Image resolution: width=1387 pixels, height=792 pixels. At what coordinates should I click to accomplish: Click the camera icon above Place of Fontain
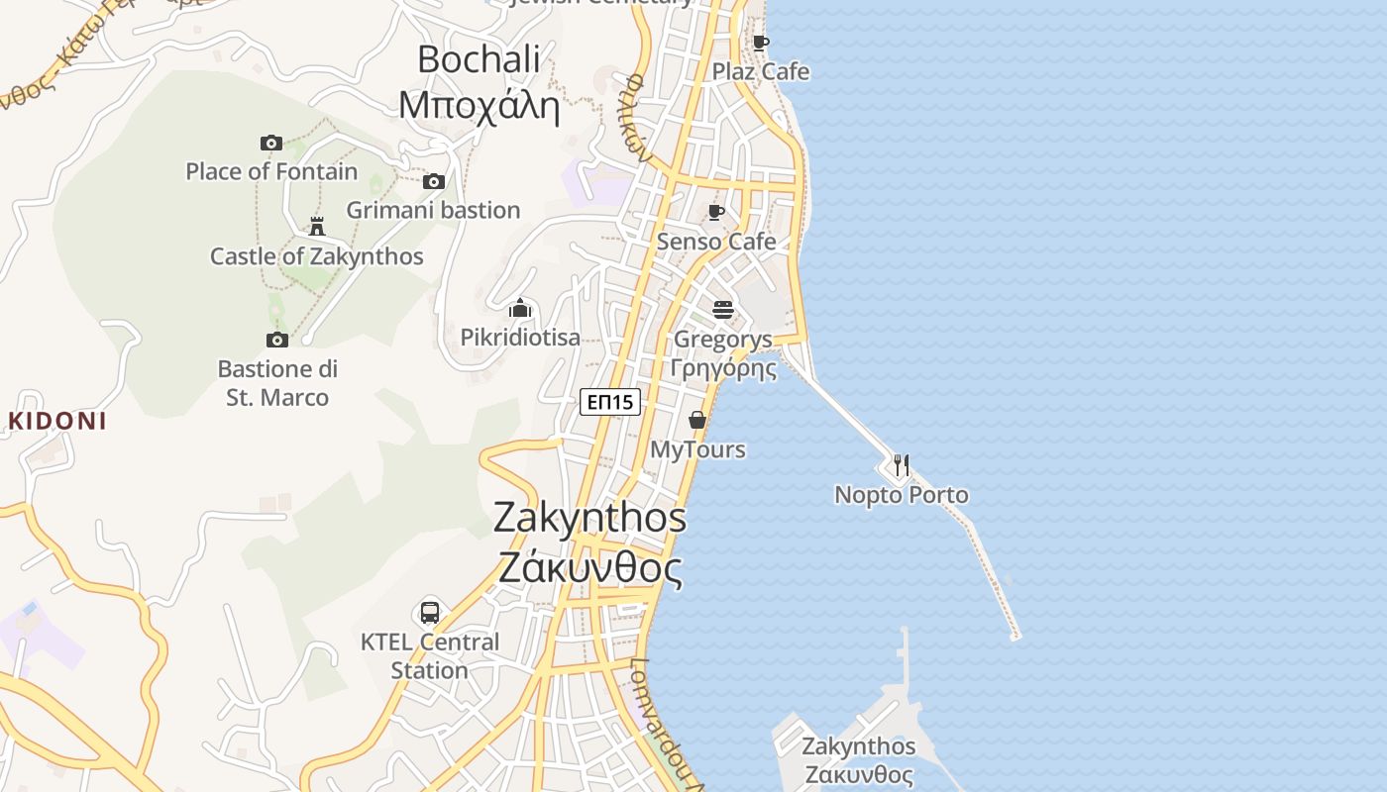pos(270,143)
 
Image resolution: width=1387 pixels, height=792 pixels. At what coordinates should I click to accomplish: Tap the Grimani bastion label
pos(433,210)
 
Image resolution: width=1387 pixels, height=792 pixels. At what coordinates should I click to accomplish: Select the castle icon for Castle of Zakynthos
pos(317,227)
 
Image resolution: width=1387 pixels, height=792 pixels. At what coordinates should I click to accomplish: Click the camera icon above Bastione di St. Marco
pos(277,340)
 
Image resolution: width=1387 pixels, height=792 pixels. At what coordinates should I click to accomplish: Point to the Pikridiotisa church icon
pos(520,308)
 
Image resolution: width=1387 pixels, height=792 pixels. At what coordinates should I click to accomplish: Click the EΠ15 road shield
pos(610,401)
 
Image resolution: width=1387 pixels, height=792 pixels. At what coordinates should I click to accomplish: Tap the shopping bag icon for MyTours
pos(697,420)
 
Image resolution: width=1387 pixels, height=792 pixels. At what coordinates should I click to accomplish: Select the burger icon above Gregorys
pos(723,309)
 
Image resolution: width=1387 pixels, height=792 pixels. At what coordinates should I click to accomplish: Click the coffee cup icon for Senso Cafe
pos(716,212)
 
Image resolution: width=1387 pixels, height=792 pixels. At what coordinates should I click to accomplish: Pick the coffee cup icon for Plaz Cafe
pos(760,43)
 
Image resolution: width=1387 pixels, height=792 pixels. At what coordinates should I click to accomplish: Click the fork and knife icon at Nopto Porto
pos(901,464)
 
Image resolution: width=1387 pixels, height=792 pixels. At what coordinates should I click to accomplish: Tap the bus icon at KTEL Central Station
pos(429,612)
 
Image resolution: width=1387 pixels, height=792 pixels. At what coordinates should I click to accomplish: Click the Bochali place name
pos(479,59)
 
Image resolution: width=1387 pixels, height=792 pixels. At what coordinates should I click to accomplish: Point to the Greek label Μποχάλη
pos(479,104)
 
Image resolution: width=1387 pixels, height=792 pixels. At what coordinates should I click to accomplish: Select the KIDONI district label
pos(56,421)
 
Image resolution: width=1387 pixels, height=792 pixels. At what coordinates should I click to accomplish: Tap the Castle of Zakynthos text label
pos(316,256)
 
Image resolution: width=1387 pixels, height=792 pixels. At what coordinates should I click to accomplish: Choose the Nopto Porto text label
pos(902,494)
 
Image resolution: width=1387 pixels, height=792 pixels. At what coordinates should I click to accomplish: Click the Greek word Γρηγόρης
pos(723,368)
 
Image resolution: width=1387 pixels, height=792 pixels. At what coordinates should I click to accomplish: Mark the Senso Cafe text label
pos(716,242)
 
